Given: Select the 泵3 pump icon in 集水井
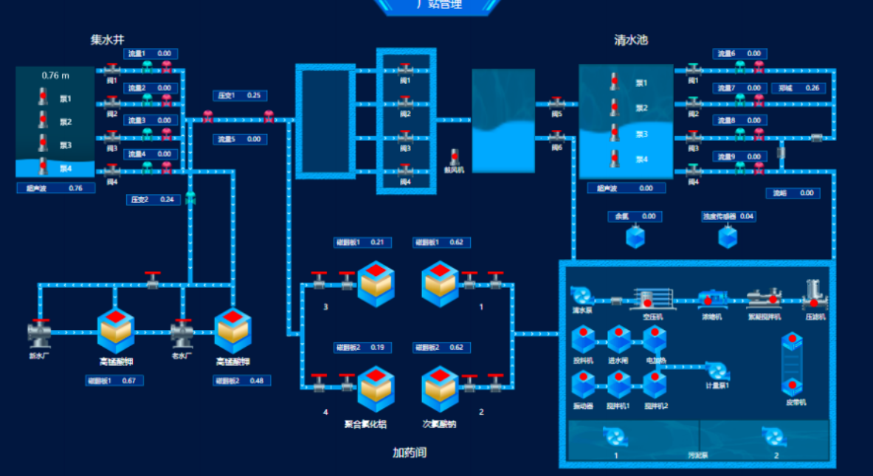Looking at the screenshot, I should [x=43, y=144].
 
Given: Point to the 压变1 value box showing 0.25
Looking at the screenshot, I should [x=240, y=95].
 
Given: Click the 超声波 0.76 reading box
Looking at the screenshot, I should [x=55, y=188].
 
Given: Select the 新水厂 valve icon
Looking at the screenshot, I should [x=40, y=334].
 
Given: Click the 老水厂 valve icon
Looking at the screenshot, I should [x=182, y=334].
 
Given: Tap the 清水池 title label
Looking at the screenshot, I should [x=631, y=40].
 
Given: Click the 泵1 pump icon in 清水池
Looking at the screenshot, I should [x=614, y=81].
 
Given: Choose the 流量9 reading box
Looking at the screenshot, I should [x=739, y=156].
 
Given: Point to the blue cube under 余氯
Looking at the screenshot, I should [x=635, y=237].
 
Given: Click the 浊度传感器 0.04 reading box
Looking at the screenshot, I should [x=728, y=216].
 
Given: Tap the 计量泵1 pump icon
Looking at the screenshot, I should [x=715, y=370].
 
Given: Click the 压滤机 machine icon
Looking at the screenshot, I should [x=814, y=295].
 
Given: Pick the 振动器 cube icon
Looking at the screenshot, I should [x=583, y=386].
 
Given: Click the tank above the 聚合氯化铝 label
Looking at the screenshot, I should [x=375, y=390].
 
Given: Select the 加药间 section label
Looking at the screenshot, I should [x=409, y=452].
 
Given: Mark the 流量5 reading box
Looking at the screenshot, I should [x=240, y=139].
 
